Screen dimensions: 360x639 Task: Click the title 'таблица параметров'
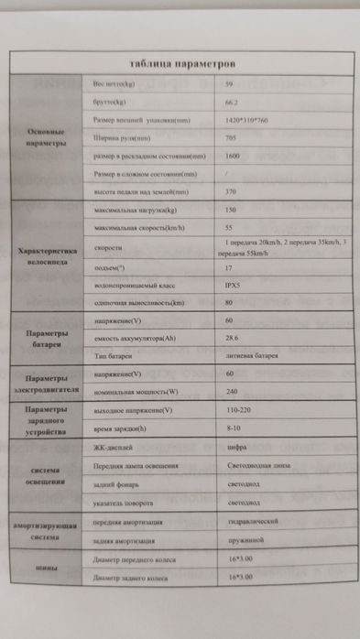point(183,64)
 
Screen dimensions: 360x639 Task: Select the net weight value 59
point(228,84)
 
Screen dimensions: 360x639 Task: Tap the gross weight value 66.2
point(232,103)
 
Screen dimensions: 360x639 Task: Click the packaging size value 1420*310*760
point(246,121)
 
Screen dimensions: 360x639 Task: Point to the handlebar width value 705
point(230,138)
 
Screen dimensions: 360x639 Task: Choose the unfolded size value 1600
point(232,156)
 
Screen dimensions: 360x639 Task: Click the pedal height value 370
point(230,192)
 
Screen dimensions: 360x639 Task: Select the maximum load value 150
point(230,211)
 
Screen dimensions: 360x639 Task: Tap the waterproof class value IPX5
point(233,285)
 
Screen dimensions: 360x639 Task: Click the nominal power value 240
point(230,393)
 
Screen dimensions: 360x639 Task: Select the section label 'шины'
point(47,569)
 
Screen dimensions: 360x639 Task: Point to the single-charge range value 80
point(229,303)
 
